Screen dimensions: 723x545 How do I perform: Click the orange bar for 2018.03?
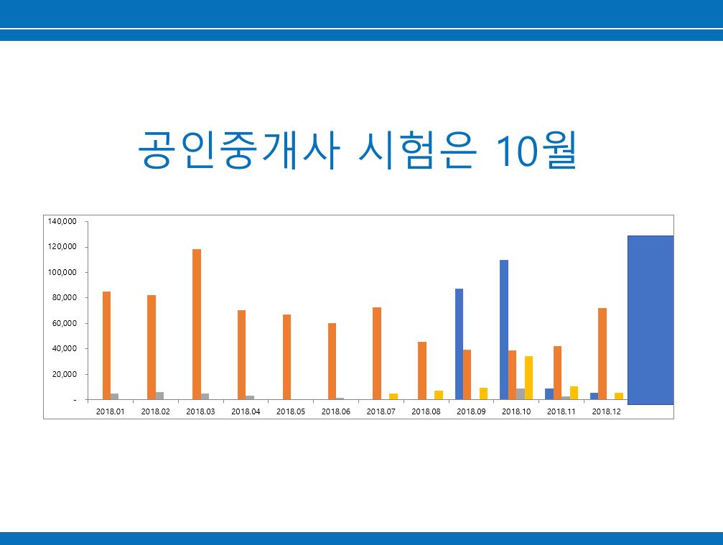click(197, 324)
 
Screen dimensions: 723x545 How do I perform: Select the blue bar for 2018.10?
click(504, 330)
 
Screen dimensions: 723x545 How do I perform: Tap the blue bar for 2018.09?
click(460, 344)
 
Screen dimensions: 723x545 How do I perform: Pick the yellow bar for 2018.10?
click(528, 378)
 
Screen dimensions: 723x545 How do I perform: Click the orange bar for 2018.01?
click(106, 345)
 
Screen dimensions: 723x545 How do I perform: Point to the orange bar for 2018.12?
click(602, 354)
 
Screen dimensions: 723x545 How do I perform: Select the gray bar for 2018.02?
click(159, 396)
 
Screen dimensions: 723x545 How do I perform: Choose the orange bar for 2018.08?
click(422, 371)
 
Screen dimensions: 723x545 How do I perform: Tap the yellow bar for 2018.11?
click(574, 393)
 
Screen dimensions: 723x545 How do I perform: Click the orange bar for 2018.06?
click(332, 361)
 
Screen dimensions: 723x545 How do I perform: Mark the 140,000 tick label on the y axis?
click(62, 221)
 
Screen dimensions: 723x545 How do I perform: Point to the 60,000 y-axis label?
click(65, 323)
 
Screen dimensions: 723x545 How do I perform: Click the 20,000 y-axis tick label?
click(65, 374)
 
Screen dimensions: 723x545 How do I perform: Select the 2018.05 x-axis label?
click(291, 411)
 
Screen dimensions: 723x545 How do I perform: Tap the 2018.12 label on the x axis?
click(607, 411)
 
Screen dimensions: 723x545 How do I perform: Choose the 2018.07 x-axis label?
click(381, 411)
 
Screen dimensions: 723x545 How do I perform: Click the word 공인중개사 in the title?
click(239, 150)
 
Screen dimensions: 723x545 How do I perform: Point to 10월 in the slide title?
click(536, 150)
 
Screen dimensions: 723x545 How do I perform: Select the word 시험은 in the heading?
click(417, 150)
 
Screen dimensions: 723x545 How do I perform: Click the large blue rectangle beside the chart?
click(650, 320)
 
